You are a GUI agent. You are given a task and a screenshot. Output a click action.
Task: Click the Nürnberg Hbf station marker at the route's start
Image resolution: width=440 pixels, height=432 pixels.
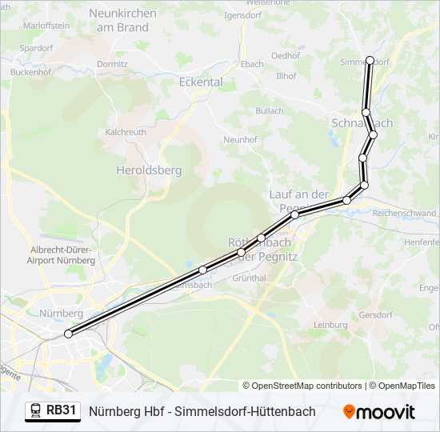[68, 334]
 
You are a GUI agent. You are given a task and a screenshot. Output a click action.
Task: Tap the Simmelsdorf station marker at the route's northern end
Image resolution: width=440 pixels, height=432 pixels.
[370, 60]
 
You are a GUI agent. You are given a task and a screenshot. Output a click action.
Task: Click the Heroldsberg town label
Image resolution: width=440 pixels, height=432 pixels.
[149, 170]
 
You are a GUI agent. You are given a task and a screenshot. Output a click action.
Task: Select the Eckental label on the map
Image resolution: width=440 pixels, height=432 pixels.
[201, 82]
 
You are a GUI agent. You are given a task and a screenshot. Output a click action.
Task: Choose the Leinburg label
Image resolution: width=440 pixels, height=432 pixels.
[330, 325]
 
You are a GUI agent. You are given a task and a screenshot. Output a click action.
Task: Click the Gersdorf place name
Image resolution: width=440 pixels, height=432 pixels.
[376, 314]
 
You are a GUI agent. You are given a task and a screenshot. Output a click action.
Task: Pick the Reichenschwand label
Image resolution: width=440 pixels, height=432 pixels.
[404, 214]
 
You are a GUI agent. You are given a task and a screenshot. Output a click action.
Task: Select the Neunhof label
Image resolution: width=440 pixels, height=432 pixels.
[240, 139]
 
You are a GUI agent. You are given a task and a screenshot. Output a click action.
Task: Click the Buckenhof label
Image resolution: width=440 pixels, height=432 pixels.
[31, 71]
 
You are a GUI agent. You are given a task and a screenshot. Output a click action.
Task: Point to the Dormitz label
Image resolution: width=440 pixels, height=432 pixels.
[111, 64]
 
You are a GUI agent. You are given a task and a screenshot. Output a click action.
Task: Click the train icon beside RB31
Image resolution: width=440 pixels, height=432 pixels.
[35, 411]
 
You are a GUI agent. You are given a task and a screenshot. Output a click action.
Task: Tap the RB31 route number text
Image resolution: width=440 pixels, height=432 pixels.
[62, 411]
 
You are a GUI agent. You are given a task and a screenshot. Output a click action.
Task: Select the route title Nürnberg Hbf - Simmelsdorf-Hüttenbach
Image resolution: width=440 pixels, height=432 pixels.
[202, 411]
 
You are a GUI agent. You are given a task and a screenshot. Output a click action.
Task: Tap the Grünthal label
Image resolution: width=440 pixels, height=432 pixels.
[249, 278]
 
